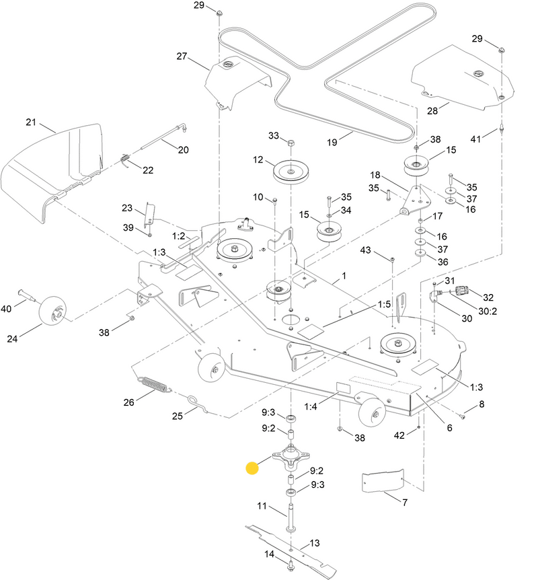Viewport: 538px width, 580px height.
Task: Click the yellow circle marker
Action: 252,468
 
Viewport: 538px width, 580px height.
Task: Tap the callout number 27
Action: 182,57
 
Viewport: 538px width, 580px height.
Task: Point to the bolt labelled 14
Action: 290,566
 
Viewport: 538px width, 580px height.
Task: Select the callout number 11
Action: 263,506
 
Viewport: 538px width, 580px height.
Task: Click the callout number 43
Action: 365,250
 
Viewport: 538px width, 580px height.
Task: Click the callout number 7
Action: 405,503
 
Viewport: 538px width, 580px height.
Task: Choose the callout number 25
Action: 178,416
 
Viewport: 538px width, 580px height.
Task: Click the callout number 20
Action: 183,150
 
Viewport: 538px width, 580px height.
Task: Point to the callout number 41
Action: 476,139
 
